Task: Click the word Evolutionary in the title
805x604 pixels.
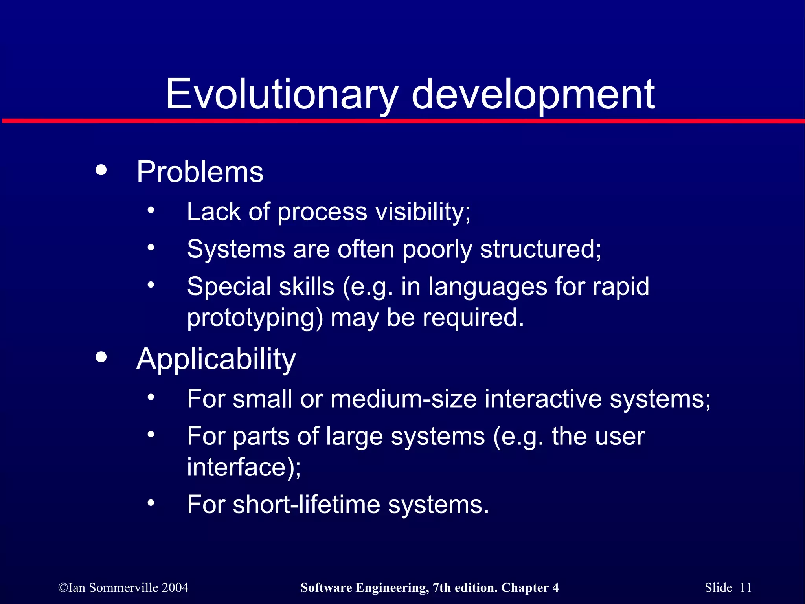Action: pyautogui.click(x=281, y=94)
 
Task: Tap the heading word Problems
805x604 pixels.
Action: pyautogui.click(x=200, y=172)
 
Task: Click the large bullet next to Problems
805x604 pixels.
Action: pyautogui.click(x=101, y=170)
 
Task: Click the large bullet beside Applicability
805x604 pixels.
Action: pyautogui.click(x=101, y=357)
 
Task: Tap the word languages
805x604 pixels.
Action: pyautogui.click(x=487, y=286)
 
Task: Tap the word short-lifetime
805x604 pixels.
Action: pyautogui.click(x=306, y=505)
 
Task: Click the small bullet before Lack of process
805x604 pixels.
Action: pyautogui.click(x=151, y=210)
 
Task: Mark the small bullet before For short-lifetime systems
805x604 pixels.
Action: pyautogui.click(x=151, y=503)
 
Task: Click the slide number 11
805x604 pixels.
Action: pyautogui.click(x=746, y=587)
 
